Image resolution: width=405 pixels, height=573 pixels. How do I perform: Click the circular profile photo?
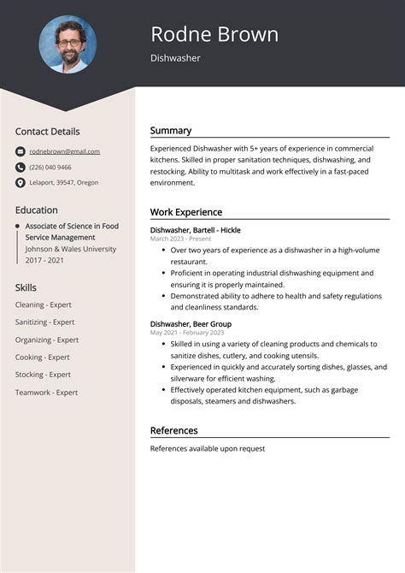[x=67, y=44]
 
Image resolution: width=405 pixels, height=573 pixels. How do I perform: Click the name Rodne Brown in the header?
[x=214, y=34]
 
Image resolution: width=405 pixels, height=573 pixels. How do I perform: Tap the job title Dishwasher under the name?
[x=175, y=58]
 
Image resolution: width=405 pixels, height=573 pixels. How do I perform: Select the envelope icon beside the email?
[x=21, y=151]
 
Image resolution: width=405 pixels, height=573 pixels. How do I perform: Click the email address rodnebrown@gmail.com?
[x=65, y=151]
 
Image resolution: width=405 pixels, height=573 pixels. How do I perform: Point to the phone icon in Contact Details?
[x=21, y=167]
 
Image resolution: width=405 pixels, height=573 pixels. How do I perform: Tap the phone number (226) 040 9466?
[x=50, y=167]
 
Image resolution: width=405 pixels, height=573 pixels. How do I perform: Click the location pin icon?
[x=21, y=182]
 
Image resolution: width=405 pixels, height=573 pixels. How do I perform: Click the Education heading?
[x=36, y=210]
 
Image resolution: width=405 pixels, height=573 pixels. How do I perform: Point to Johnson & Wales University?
[x=70, y=249]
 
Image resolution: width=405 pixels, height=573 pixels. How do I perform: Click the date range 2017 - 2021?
[x=45, y=260]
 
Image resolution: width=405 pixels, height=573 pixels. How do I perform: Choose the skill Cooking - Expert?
[x=42, y=357]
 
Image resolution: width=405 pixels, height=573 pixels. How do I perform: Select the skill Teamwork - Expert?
[x=46, y=393]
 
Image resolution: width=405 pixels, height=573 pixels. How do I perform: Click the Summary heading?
[x=171, y=131]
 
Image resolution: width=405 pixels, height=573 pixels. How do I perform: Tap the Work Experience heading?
[x=186, y=212]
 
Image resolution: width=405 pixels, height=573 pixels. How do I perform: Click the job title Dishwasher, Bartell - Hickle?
[x=195, y=230]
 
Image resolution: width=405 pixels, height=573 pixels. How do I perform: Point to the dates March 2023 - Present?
[x=180, y=239]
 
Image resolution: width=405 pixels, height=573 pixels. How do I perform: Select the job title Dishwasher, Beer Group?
[x=191, y=324]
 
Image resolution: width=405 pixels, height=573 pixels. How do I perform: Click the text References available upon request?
[x=208, y=448]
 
